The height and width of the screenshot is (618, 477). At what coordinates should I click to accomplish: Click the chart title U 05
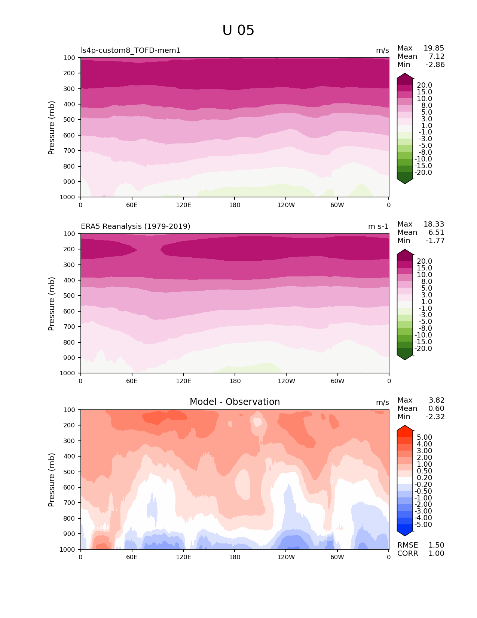238,30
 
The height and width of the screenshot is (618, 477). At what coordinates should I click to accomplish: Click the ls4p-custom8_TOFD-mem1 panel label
131,51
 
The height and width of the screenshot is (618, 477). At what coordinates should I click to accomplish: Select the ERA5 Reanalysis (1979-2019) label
135,227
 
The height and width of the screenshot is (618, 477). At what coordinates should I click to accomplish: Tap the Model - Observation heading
235,402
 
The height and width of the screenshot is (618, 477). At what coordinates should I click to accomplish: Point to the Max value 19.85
434,48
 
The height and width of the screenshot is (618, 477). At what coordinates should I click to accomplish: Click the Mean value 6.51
436,233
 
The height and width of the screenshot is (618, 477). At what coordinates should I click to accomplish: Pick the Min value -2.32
435,417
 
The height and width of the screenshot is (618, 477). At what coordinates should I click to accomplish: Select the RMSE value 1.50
436,545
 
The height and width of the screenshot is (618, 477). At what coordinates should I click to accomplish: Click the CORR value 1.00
436,554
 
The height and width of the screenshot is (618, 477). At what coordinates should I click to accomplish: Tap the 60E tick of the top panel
132,205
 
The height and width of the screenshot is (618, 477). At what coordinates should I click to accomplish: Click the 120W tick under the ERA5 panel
286,381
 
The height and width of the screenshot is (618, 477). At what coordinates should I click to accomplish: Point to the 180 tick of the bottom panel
235,557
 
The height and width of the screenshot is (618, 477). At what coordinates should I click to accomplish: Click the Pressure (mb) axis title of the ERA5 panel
52,304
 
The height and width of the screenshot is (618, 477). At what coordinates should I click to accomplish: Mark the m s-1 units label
378,227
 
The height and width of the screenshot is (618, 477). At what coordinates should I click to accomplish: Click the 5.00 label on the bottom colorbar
424,437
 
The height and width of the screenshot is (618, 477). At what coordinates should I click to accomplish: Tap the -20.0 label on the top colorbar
424,173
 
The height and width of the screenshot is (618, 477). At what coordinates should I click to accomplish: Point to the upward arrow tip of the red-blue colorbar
405,426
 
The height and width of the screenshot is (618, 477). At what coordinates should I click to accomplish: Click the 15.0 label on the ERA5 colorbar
424,268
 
